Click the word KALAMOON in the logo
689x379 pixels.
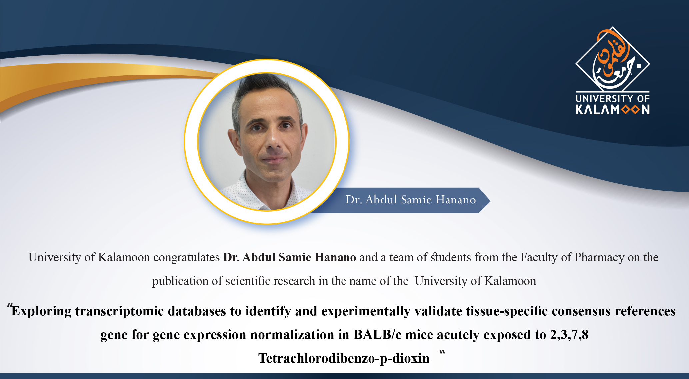click(x=613, y=110)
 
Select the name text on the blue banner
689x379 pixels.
click(x=410, y=200)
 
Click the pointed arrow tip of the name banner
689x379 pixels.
click(x=490, y=200)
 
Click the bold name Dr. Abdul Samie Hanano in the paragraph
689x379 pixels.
click(x=290, y=257)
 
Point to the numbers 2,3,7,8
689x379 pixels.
click(x=569, y=335)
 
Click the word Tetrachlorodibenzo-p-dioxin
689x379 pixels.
click(x=344, y=358)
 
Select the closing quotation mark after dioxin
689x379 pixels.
click(x=442, y=353)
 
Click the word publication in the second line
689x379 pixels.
click(x=180, y=281)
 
